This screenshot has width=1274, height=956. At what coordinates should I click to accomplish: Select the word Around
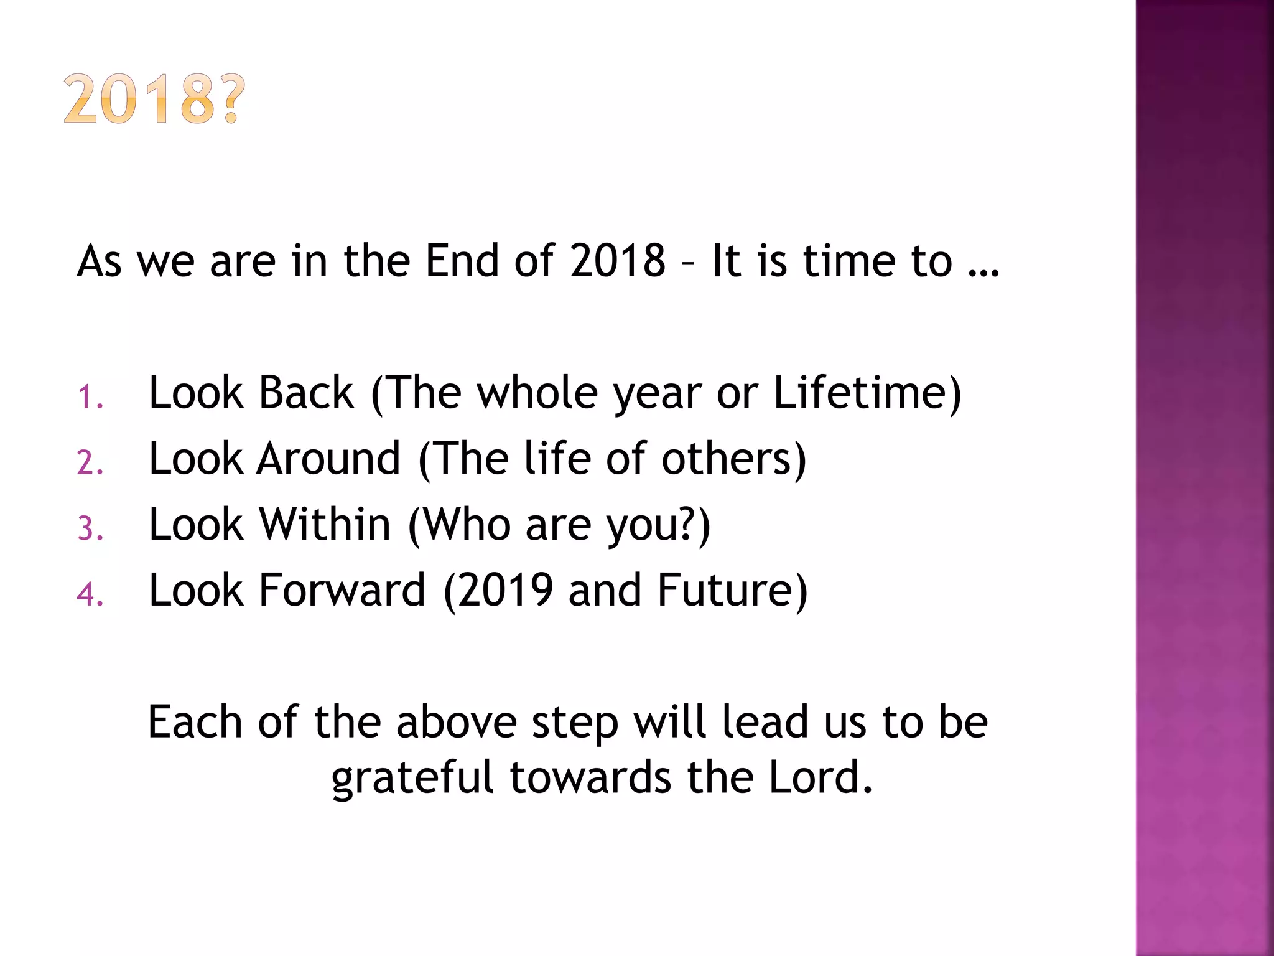point(328,459)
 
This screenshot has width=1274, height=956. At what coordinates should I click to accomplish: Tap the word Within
point(325,525)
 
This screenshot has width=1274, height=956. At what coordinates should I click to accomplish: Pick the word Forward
point(342,590)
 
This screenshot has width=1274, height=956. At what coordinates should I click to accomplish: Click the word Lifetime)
point(867,393)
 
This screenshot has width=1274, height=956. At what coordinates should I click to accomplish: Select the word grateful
point(412,778)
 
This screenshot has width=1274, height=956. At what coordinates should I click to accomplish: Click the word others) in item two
point(733,459)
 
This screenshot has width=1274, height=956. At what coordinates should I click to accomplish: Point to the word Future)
point(732,590)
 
